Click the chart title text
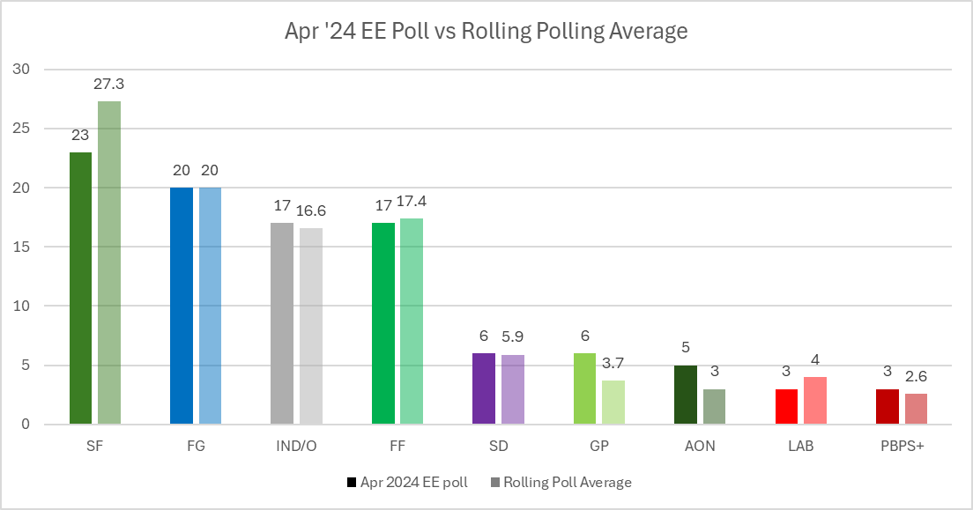486,32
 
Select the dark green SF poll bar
80,288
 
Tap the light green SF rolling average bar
109,262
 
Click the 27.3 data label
109,84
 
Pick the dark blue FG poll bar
181,306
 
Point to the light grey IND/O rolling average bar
311,326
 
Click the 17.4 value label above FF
412,202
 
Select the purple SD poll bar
484,388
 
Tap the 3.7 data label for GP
613,364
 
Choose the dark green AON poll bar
686,395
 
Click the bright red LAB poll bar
786,406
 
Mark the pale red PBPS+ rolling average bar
916,409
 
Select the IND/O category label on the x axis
297,446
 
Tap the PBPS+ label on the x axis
902,446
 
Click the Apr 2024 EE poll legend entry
405,482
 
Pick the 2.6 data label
917,377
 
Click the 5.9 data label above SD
513,337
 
